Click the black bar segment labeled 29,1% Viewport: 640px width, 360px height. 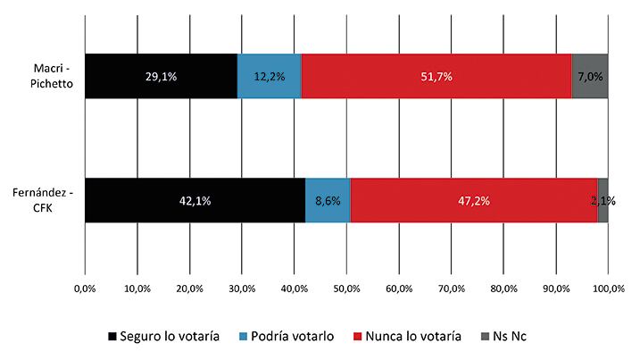click(161, 76)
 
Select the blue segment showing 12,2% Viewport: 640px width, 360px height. click(270, 76)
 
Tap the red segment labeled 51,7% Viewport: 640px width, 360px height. click(436, 76)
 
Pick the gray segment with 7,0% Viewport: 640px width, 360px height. click(590, 76)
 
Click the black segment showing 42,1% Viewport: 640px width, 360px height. click(195, 200)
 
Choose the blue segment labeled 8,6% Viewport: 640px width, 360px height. click(328, 200)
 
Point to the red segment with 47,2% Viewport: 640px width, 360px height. click(473, 200)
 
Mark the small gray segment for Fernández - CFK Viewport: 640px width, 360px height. click(603, 200)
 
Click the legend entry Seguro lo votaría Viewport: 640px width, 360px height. click(163, 336)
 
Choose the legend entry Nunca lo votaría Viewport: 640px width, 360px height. click(412, 336)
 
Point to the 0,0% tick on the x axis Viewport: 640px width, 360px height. click(85, 289)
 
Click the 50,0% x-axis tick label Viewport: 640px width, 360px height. click(346, 289)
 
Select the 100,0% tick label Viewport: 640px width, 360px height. click(608, 289)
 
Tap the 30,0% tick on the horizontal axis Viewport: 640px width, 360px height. click(242, 289)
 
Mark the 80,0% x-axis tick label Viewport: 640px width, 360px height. click(503, 289)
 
